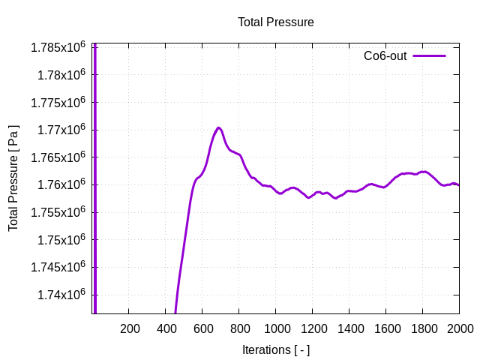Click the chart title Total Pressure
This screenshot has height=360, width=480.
pyautogui.click(x=275, y=22)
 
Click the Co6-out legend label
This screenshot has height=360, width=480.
pyautogui.click(x=385, y=56)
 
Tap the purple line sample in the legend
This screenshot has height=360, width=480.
pyautogui.click(x=429, y=56)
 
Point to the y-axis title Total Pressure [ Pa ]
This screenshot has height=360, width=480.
pyautogui.click(x=13, y=178)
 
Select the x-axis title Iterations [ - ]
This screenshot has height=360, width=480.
pyautogui.click(x=275, y=349)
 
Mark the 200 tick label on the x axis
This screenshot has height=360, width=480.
pyautogui.click(x=130, y=328)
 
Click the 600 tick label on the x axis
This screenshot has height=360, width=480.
pyautogui.click(x=202, y=328)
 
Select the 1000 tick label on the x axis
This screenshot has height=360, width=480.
pyautogui.click(x=275, y=328)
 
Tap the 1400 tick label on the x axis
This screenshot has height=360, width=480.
pyautogui.click(x=349, y=328)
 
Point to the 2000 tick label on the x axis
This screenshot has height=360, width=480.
pyautogui.click(x=459, y=328)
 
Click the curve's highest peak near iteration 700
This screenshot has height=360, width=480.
pyautogui.click(x=218, y=127)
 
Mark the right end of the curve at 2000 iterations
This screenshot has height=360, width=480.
pyautogui.click(x=458, y=184)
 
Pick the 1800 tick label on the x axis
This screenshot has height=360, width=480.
pyautogui.click(x=422, y=328)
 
